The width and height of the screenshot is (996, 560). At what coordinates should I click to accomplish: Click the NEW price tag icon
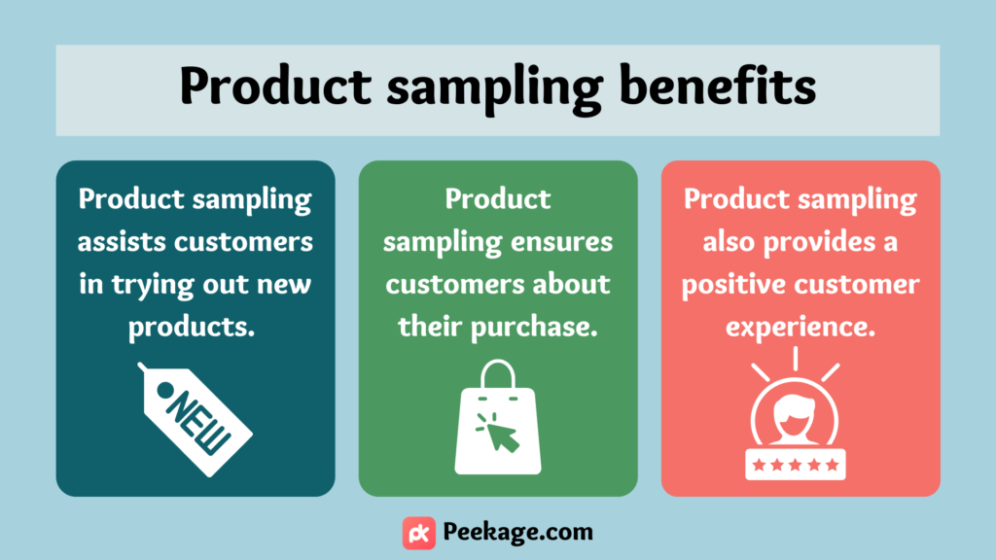click(x=195, y=419)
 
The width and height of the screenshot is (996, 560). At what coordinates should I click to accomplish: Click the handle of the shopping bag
click(x=498, y=373)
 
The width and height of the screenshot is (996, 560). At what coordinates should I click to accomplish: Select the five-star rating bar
click(x=796, y=465)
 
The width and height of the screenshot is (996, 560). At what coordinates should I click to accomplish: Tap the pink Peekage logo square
click(x=419, y=533)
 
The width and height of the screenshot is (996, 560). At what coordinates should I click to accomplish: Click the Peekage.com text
click(x=517, y=532)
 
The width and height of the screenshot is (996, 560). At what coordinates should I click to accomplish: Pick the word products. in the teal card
click(x=192, y=328)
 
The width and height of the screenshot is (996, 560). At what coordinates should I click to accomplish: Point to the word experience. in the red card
click(x=800, y=328)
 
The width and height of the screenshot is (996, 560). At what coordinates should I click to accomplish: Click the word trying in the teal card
click(x=153, y=285)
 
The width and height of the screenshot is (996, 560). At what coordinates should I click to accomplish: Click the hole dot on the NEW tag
click(x=165, y=389)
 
